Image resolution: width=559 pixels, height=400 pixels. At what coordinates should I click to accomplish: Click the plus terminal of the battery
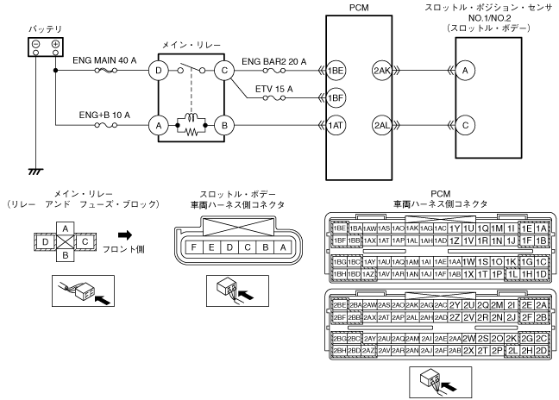tap(55, 44)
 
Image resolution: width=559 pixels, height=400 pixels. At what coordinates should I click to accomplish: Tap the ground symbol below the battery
tap(34, 172)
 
